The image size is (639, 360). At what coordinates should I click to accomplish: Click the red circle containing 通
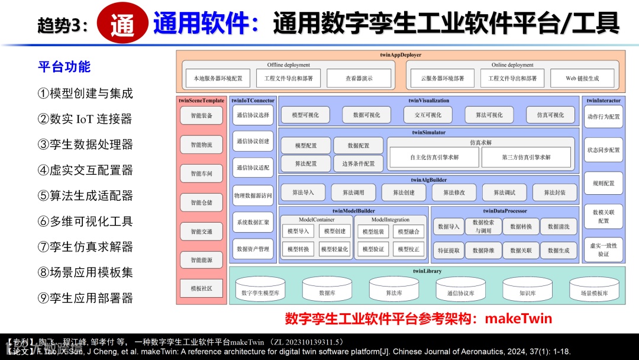point(122,24)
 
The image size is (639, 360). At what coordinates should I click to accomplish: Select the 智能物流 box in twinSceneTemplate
point(201,144)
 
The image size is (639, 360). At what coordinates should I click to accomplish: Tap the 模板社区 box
point(201,288)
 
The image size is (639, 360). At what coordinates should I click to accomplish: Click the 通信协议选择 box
point(253,115)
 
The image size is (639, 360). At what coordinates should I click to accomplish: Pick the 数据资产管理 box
point(253,249)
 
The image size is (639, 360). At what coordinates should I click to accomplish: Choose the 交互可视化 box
point(428,115)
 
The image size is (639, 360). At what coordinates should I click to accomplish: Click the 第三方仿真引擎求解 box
point(526,157)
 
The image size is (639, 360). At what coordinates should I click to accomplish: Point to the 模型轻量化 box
point(334,249)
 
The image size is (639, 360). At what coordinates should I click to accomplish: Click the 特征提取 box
point(448,250)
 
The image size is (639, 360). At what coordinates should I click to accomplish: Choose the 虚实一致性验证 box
point(603,249)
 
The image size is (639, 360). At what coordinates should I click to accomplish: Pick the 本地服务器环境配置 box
point(214,78)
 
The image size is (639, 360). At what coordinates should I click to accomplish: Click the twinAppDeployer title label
point(401,55)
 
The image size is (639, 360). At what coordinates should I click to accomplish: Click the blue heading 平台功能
point(64,66)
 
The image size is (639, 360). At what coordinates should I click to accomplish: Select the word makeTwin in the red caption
point(518,319)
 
